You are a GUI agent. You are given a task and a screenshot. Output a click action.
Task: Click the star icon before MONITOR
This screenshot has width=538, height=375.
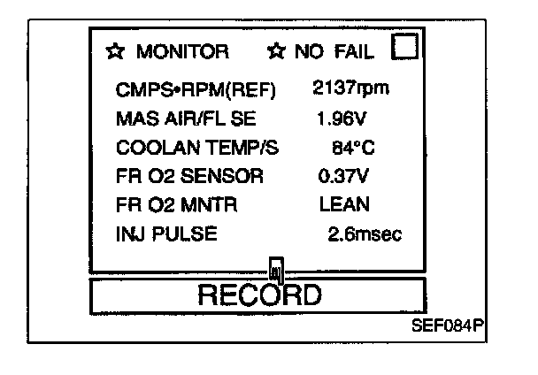click(115, 52)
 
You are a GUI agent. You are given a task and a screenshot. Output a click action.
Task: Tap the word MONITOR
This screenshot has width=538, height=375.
click(182, 52)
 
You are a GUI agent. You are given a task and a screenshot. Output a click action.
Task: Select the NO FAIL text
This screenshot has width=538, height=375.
click(334, 52)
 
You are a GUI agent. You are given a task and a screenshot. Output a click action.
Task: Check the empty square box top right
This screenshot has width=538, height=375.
click(403, 47)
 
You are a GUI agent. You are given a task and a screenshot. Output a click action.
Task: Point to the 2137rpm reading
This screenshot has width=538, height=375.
click(351, 88)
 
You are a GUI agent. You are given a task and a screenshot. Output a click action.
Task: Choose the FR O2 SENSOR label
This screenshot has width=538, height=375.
click(189, 176)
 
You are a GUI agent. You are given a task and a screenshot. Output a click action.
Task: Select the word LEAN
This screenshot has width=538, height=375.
click(344, 204)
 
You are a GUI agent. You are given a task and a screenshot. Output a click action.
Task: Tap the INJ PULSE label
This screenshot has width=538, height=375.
click(166, 234)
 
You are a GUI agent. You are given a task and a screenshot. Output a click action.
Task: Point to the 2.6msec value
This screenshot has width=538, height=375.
click(365, 234)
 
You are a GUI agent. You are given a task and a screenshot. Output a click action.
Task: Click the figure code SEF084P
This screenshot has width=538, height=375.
click(448, 324)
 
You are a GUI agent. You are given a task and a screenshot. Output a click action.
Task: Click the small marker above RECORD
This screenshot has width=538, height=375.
click(277, 268)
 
